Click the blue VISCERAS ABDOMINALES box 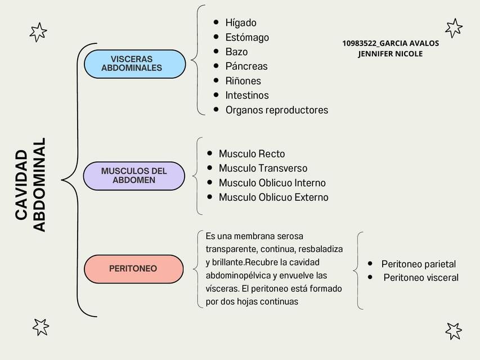[135, 64]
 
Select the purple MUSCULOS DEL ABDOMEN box [134, 176]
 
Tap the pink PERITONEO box [134, 269]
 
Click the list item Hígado [241, 23]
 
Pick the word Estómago [248, 37]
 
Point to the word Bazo [237, 52]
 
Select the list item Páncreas [246, 66]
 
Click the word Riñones [243, 81]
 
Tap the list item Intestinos [247, 95]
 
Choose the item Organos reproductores [277, 110]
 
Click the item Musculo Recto [252, 154]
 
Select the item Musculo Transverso [263, 168]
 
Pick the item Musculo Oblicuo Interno [272, 183]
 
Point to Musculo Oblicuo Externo [273, 197]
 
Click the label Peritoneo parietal [419, 264]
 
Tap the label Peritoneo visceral [421, 278]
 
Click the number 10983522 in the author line [359, 43]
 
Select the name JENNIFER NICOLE [391, 54]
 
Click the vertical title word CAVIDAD [22, 184]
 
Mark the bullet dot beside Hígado [216, 22]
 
